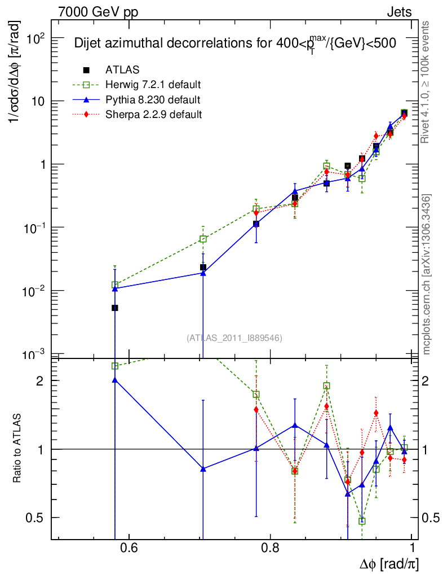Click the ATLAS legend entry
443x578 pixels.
(122, 70)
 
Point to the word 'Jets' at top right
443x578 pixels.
(399, 12)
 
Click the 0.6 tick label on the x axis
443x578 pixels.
(129, 548)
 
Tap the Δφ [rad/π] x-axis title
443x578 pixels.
(389, 563)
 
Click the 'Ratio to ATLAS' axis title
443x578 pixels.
(17, 449)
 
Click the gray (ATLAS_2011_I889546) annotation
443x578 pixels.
(234, 338)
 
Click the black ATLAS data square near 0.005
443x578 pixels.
(115, 308)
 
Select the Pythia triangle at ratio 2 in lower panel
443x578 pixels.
(115, 380)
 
